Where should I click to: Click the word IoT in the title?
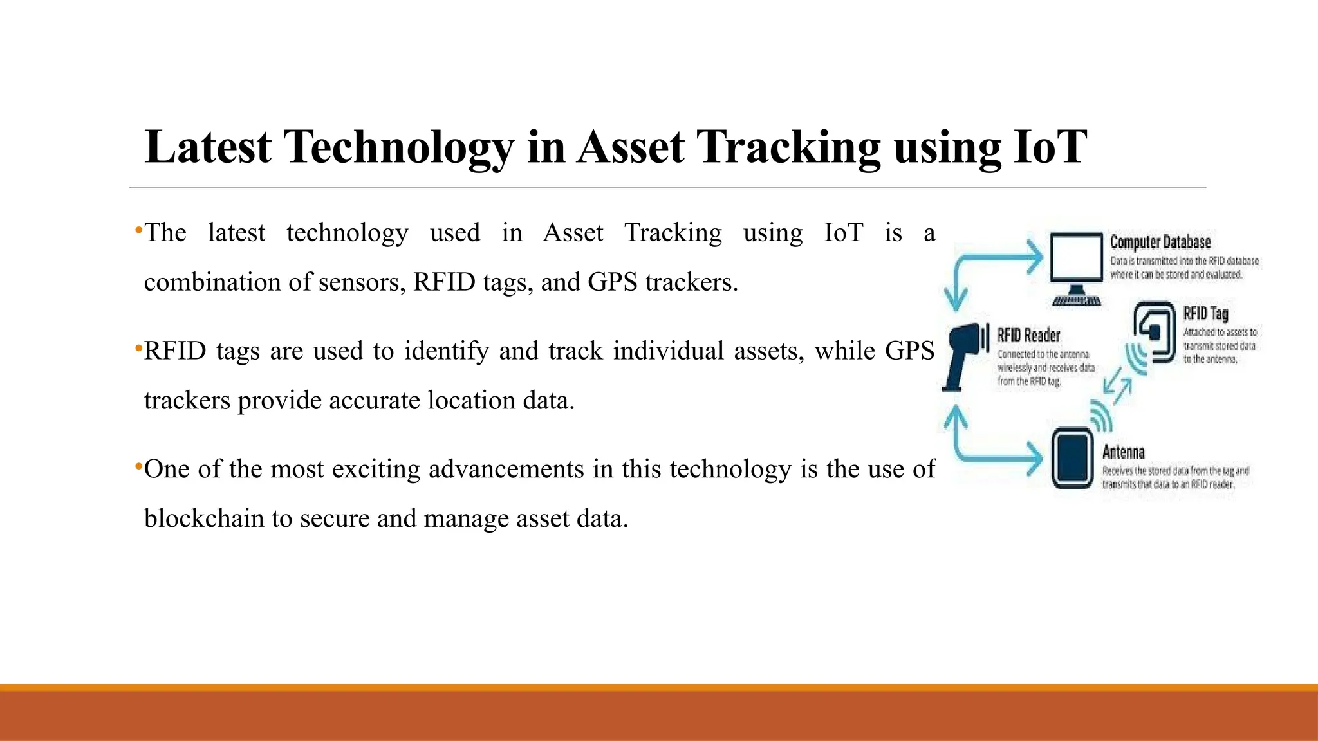click(1050, 147)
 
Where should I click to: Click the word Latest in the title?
click(208, 147)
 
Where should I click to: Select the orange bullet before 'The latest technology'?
click(138, 230)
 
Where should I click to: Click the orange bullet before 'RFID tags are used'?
click(138, 348)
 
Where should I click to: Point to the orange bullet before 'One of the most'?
click(138, 466)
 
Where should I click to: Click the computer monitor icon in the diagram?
click(1076, 264)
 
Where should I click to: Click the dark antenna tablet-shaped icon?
click(1072, 459)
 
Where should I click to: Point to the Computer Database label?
click(1160, 242)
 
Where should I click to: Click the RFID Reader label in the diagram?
click(1028, 334)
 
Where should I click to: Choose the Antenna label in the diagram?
click(1123, 452)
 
